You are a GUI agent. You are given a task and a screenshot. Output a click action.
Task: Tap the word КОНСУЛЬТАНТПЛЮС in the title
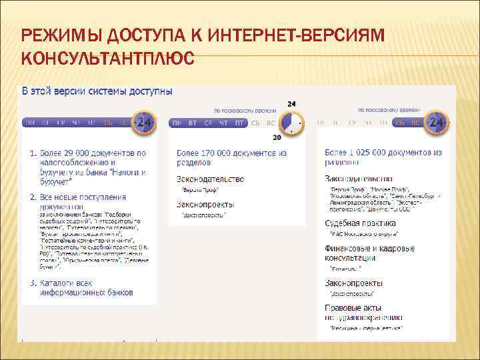coord(108,59)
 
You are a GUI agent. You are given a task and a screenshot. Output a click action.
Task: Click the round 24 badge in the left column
coord(145,123)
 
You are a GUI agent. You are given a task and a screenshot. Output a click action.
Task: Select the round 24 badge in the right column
coord(437,123)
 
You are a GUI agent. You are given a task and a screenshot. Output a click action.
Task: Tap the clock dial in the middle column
coord(291,123)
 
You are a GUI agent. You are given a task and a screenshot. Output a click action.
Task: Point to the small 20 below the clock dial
coord(277,138)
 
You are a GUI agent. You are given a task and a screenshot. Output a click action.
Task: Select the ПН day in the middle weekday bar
coord(177,123)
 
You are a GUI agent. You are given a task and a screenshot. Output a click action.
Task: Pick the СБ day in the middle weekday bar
coord(256,123)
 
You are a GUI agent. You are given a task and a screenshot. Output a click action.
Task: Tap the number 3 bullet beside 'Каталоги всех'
coord(33,283)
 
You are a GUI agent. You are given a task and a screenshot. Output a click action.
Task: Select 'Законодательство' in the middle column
coord(210,179)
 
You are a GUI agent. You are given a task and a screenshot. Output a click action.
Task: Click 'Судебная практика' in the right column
coord(360,223)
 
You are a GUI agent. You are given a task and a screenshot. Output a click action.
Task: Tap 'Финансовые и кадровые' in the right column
coord(369,248)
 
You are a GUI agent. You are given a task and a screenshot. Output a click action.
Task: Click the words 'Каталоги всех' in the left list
coord(65,283)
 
